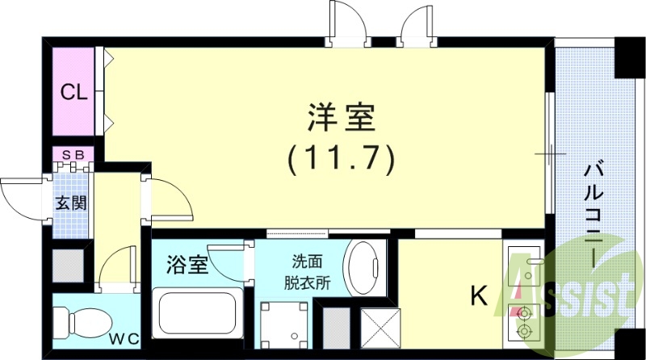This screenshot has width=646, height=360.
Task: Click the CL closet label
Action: [x=75, y=92]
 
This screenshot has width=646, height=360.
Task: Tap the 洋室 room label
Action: [x=341, y=119]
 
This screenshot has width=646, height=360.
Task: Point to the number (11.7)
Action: [x=341, y=158]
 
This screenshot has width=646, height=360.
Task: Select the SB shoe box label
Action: [x=74, y=153]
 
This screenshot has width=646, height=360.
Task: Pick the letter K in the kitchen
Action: [x=478, y=296]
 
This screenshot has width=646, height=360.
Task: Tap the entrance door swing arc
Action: [x=20, y=195]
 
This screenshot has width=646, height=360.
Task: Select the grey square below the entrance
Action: [x=67, y=266]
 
